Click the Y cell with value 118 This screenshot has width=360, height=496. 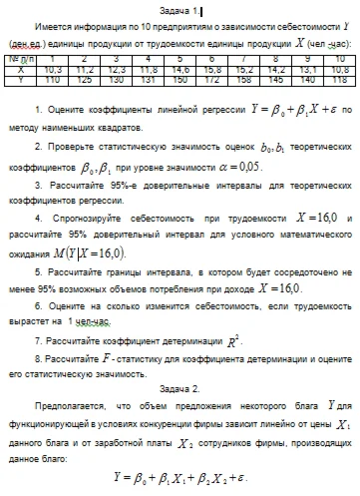click(x=338, y=79)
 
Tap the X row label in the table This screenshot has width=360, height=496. click(x=19, y=70)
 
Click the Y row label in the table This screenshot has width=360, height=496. click(x=19, y=79)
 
